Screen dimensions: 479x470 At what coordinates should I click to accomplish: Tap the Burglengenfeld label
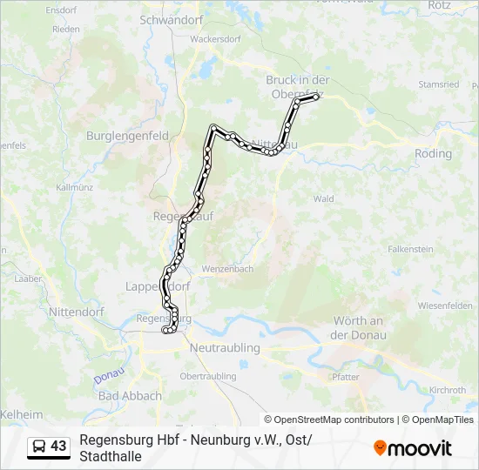click(x=127, y=136)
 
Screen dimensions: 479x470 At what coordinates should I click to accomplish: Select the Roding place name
click(x=433, y=154)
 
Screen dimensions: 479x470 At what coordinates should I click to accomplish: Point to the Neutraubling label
click(x=225, y=347)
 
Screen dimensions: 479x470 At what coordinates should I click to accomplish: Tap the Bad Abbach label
click(x=130, y=395)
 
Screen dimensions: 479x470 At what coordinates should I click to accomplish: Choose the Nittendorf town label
click(x=76, y=311)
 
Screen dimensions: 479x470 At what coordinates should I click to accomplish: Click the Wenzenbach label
click(x=227, y=269)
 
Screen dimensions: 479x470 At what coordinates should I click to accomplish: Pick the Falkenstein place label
click(x=410, y=249)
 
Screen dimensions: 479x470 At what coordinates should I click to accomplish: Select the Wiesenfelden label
click(x=445, y=305)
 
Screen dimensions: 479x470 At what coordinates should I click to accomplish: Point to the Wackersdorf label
click(x=214, y=39)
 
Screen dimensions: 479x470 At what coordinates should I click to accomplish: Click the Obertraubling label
click(x=207, y=376)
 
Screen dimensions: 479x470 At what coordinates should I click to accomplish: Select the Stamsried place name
click(x=438, y=84)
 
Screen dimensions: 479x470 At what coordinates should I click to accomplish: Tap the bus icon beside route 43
click(x=39, y=446)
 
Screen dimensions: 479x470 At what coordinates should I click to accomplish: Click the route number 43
click(x=58, y=446)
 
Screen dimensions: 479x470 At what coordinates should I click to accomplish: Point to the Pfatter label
click(x=346, y=377)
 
